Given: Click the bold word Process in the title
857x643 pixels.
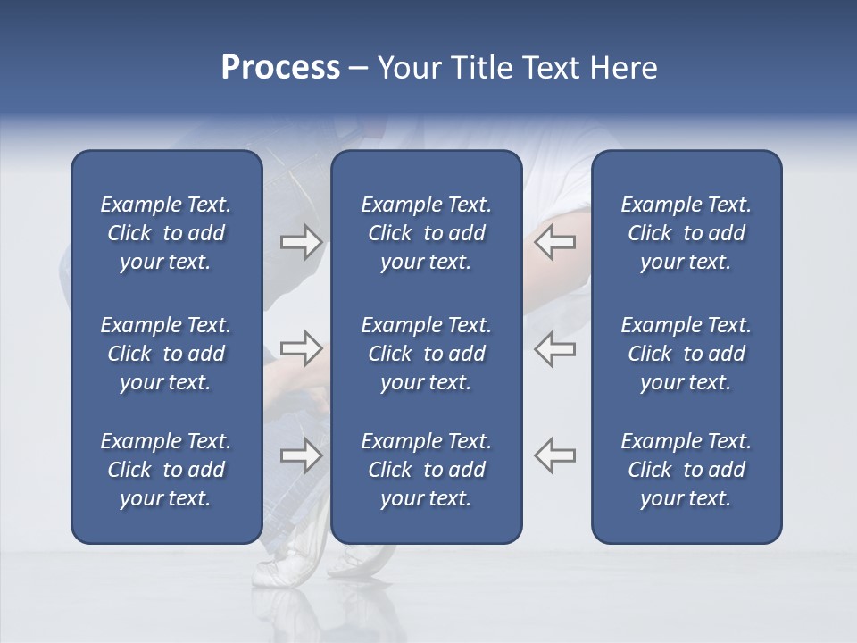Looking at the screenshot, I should tap(280, 68).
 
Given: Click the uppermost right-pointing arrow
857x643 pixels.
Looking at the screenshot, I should tap(302, 241).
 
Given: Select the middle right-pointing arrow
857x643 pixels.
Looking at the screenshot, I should tap(302, 347).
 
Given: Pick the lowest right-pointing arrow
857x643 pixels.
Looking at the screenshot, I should tap(302, 455).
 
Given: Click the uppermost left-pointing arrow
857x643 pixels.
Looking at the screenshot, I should tap(554, 241).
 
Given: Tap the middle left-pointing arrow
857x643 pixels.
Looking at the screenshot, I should tap(554, 347).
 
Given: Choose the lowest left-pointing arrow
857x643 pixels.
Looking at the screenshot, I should tap(554, 455).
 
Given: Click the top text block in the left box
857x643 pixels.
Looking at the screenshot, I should tap(166, 233).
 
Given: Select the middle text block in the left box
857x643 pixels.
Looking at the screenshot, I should tap(166, 354).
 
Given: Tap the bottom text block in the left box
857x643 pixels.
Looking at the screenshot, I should tap(166, 470).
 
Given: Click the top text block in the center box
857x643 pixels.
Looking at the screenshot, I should tap(426, 233).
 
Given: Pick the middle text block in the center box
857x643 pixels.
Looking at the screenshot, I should tap(426, 354).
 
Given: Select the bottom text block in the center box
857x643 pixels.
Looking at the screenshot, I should tap(426, 470).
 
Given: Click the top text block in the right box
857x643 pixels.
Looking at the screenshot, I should tap(686, 233).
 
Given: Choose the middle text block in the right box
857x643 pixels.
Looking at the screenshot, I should tap(686, 354).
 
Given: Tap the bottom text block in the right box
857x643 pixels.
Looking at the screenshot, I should tap(686, 470).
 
